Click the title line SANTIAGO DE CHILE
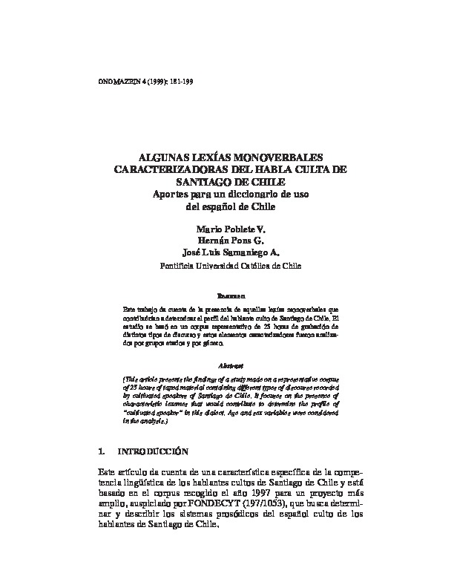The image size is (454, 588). tap(228, 182)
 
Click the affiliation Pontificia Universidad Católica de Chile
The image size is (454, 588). tap(227, 264)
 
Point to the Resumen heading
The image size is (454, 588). tap(226, 294)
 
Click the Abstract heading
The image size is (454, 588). tap(227, 366)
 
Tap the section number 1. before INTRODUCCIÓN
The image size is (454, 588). tap(102, 451)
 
